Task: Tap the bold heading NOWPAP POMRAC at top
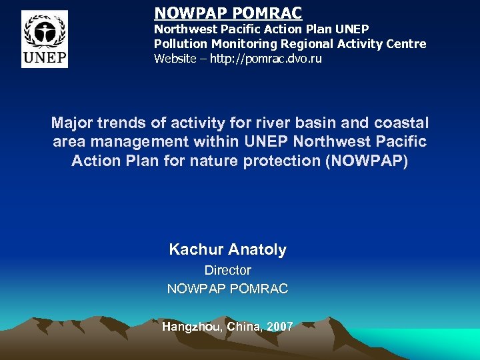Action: [x=228, y=13]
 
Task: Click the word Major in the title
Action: [x=71, y=123]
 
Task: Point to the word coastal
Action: [x=399, y=123]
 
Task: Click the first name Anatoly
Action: [x=257, y=250]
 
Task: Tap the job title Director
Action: [x=227, y=270]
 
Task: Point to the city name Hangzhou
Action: [x=191, y=327]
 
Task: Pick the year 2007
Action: [x=279, y=327]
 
